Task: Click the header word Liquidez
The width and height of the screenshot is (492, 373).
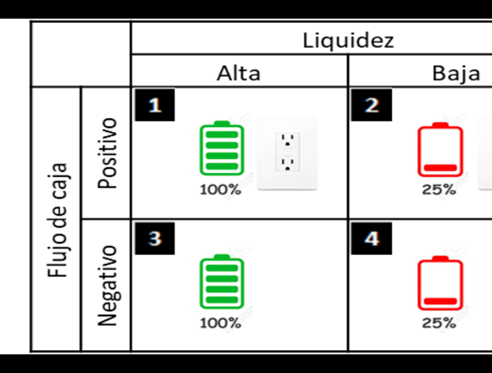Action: (x=348, y=39)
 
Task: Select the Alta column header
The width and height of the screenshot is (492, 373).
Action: (x=238, y=73)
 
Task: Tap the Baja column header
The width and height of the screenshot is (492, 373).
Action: (x=456, y=73)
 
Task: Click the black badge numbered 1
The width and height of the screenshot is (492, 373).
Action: (x=149, y=105)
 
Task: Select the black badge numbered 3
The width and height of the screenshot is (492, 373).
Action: (x=149, y=238)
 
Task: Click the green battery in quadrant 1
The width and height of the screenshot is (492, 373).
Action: (x=221, y=148)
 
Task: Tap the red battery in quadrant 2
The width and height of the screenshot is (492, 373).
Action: (x=440, y=150)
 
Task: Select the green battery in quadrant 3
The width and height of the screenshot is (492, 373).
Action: (x=221, y=282)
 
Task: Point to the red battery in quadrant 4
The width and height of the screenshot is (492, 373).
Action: (x=440, y=284)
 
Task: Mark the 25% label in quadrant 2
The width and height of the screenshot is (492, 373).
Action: (x=439, y=190)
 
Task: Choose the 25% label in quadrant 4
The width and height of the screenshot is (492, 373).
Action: (x=439, y=323)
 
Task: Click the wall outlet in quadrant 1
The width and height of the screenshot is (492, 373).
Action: (x=287, y=152)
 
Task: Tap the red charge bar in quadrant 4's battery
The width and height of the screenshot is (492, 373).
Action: (x=440, y=300)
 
